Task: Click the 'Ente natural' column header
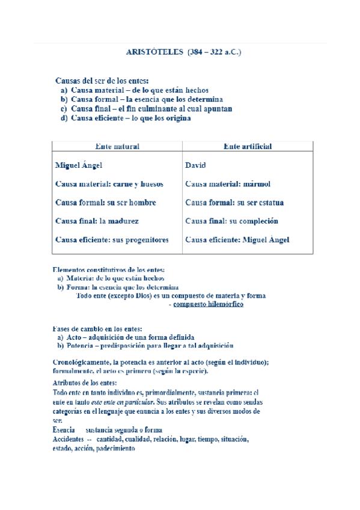(x=117, y=146)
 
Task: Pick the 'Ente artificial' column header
(x=247, y=146)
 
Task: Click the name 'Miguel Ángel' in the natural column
(x=78, y=165)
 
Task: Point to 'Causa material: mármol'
(x=228, y=184)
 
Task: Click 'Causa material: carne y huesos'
(x=109, y=184)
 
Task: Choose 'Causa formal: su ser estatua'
(x=234, y=203)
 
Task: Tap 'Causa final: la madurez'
(x=97, y=221)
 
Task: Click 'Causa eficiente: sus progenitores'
(x=112, y=240)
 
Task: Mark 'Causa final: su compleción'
(x=231, y=221)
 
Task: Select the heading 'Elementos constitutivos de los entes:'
(x=109, y=270)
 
